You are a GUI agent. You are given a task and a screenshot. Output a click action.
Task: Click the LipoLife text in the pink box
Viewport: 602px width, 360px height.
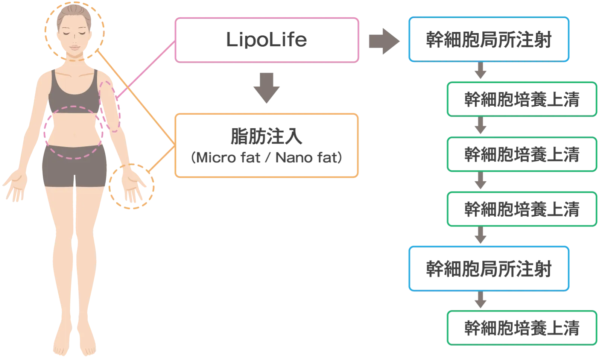(x=266, y=40)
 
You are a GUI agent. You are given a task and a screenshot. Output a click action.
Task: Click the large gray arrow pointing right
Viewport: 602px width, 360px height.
(x=383, y=41)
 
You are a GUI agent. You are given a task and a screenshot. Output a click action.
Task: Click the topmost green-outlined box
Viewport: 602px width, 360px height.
(x=521, y=99)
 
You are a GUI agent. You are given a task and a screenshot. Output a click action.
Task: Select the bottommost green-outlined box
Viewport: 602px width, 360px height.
(x=521, y=327)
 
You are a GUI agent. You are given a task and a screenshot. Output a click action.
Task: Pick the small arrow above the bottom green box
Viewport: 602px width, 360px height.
(x=480, y=300)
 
